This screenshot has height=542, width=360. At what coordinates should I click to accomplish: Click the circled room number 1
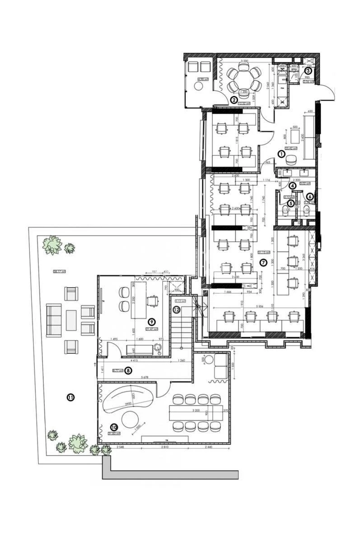tap(281, 154)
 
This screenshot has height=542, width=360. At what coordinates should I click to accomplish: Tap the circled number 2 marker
tap(234, 99)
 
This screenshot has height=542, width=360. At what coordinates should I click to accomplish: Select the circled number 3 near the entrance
tap(308, 70)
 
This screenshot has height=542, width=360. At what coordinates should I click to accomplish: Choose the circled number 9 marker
tap(152, 322)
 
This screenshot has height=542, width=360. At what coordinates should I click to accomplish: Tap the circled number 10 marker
tap(113, 426)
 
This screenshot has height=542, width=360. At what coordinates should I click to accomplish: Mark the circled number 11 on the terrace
tap(70, 397)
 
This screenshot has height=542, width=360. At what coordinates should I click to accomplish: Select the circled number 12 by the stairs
tap(176, 310)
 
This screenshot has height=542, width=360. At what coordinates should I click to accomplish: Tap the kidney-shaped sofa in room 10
tap(128, 399)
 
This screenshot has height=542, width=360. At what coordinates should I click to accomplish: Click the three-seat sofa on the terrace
tap(54, 321)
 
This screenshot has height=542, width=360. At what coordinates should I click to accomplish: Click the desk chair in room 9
tap(154, 300)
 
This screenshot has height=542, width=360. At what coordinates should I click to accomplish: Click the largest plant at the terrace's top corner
tap(52, 245)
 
